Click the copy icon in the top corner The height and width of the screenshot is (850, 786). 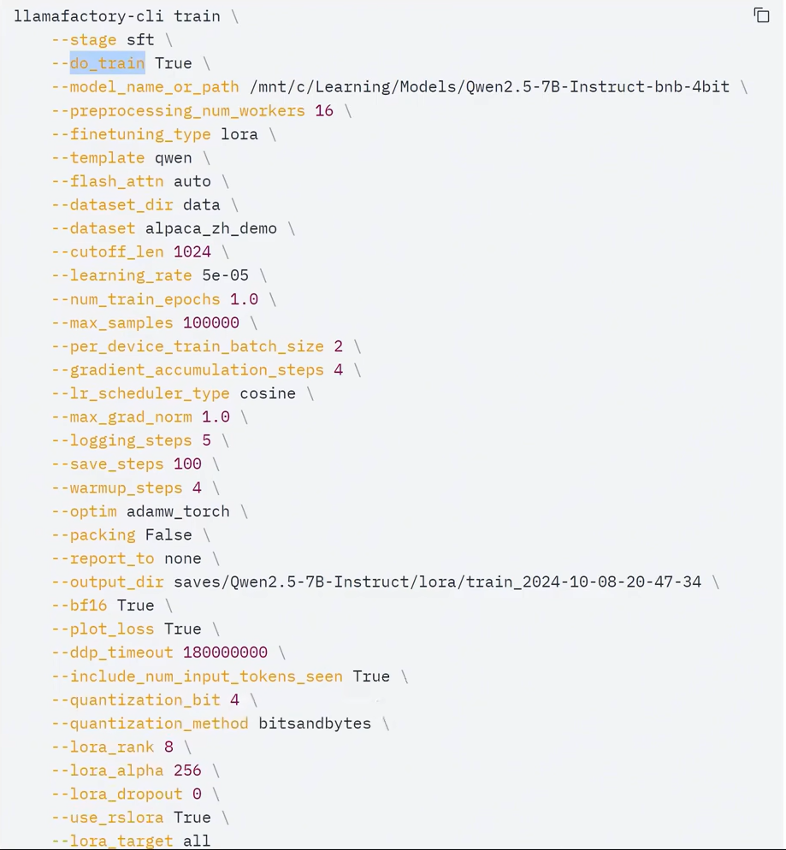click(x=761, y=15)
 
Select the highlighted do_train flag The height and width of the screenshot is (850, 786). click(x=107, y=63)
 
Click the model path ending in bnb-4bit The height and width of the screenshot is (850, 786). click(x=489, y=87)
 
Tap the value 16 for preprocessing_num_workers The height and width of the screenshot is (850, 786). click(x=324, y=110)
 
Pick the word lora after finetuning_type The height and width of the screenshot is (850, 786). click(x=239, y=134)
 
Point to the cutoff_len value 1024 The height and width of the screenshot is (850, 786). click(x=192, y=252)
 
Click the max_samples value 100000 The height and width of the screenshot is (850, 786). click(x=211, y=323)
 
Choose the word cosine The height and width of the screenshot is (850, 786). click(x=268, y=393)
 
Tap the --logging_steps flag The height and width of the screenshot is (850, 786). click(x=121, y=440)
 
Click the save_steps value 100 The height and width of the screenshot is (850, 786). click(x=187, y=464)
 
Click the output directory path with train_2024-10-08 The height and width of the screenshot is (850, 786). click(x=437, y=582)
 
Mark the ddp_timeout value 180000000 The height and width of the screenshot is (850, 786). click(x=225, y=652)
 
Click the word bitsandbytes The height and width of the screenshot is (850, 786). click(x=315, y=723)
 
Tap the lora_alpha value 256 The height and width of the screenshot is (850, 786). click(x=187, y=770)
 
